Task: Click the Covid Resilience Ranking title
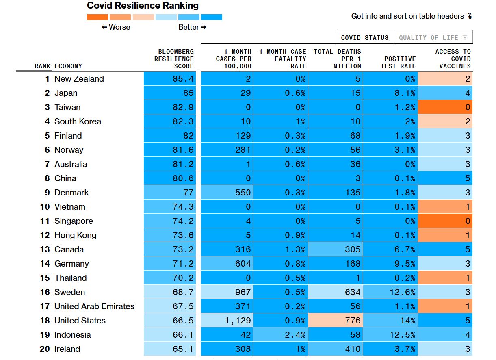pos(143,6)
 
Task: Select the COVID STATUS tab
pos(365,37)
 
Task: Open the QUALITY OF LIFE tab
pos(433,37)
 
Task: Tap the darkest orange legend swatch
pos(97,17)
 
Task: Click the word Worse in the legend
pos(119,27)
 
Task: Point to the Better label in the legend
pos(188,27)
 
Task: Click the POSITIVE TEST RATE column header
pos(398,63)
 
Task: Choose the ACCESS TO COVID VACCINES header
pos(453,59)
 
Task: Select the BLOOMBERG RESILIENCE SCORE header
pos(174,59)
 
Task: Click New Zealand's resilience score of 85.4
pos(170,79)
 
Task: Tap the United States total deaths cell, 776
pos(336,320)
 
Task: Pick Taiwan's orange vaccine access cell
pos(445,107)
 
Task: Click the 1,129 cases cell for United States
pos(227,320)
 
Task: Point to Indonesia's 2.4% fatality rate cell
pos(281,334)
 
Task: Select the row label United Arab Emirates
pos(94,306)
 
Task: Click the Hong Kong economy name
pos(76,235)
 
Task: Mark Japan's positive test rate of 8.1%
pos(390,93)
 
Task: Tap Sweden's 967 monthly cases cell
pos(227,292)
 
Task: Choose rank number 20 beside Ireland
pos(45,349)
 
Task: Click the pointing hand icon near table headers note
pos(470,16)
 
